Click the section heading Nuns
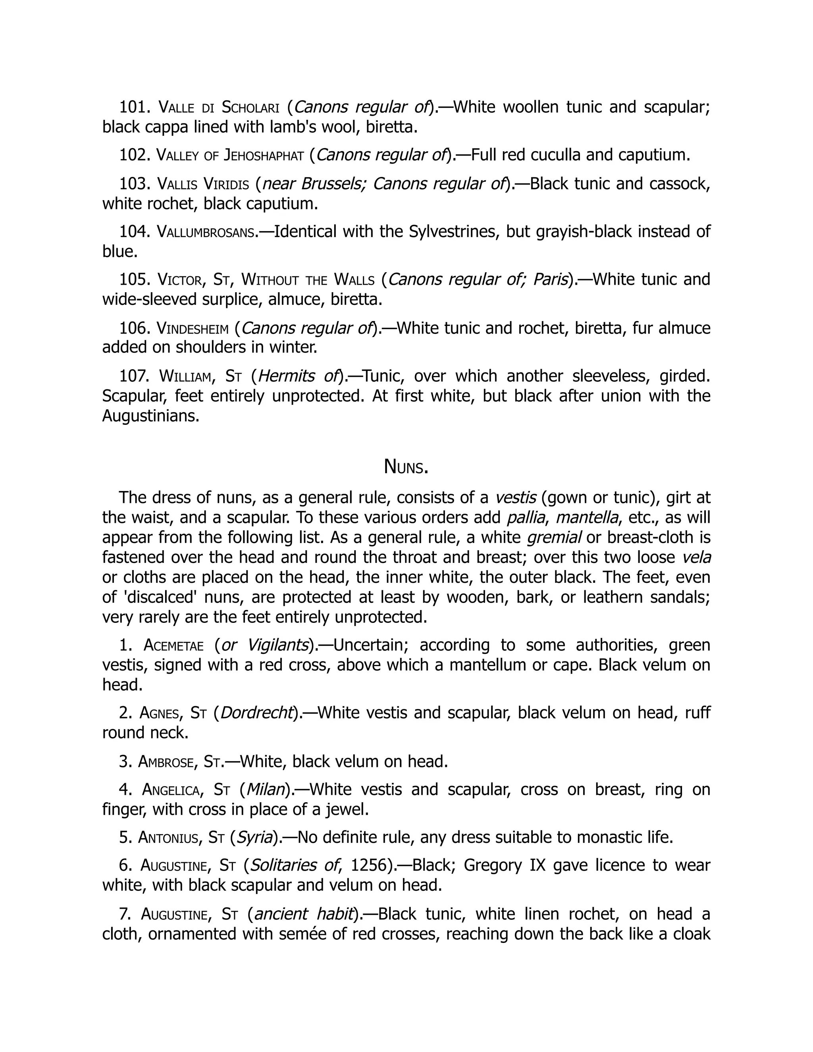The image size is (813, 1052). [406, 467]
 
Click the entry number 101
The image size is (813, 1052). [135, 107]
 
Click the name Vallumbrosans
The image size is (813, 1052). [206, 232]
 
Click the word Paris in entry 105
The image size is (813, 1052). [551, 279]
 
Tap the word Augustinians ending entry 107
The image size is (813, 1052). [151, 416]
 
